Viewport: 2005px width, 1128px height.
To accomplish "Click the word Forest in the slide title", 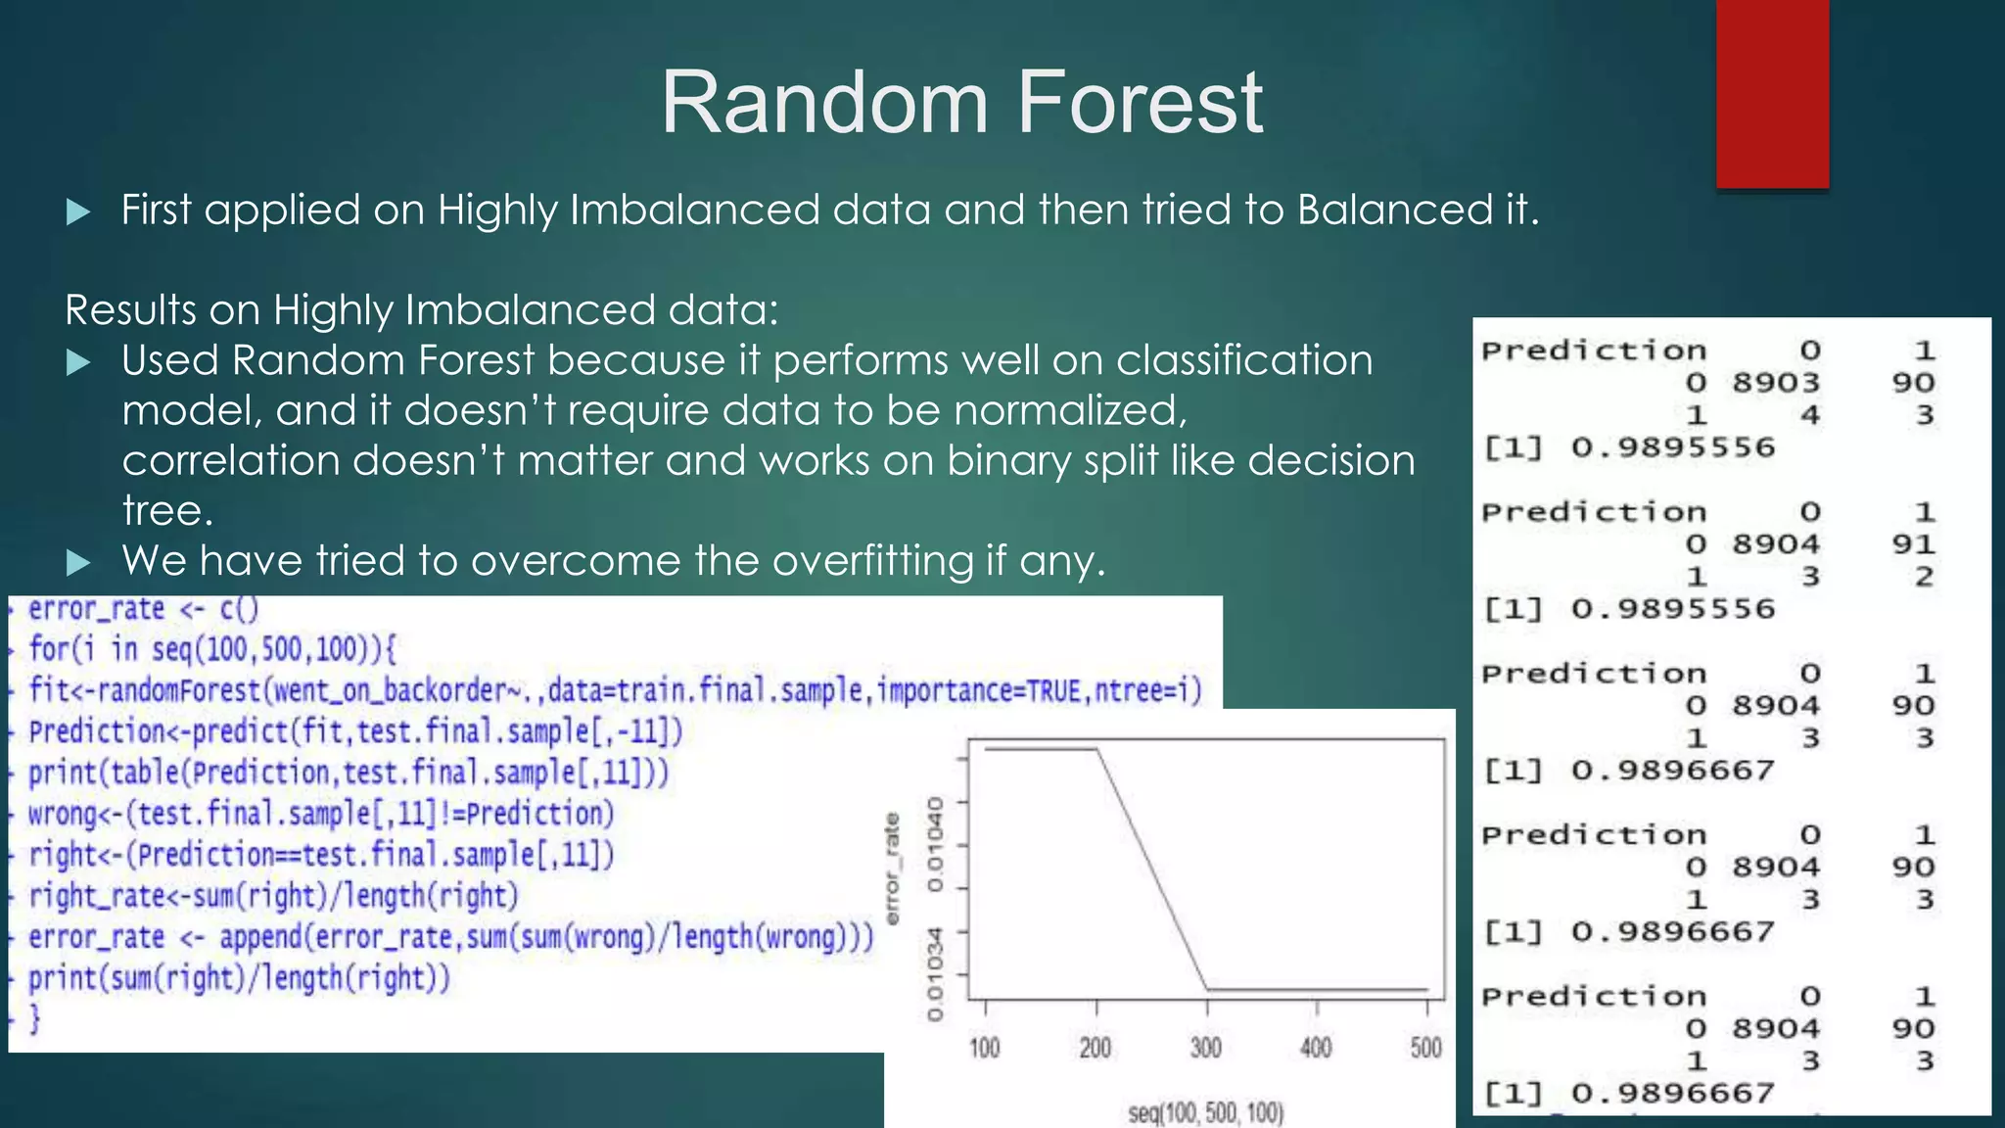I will [x=1141, y=102].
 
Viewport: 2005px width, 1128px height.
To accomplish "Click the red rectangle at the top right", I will [x=1772, y=93].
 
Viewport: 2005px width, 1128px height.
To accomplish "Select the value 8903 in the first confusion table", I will [x=1775, y=383].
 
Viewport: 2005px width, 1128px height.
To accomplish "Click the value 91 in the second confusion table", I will [x=1912, y=544].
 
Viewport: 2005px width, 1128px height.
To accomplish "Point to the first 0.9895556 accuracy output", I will [x=1672, y=447].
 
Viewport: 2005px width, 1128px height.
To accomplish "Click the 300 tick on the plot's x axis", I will [x=1206, y=1048].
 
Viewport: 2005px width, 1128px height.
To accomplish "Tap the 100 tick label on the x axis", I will [x=984, y=1048].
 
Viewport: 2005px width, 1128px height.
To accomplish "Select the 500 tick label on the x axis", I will [x=1425, y=1048].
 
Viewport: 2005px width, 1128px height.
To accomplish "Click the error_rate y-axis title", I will [x=892, y=869].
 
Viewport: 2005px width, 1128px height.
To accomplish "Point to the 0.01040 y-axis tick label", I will [x=936, y=844].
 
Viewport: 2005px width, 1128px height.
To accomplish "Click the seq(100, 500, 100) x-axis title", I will [x=1205, y=1112].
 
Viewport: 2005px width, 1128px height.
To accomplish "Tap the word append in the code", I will [x=260, y=937].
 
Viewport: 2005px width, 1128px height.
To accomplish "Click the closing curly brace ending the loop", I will [x=34, y=1019].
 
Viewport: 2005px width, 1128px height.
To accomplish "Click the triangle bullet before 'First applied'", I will [x=78, y=211].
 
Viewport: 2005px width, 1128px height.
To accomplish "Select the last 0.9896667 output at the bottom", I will [x=1672, y=1093].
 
